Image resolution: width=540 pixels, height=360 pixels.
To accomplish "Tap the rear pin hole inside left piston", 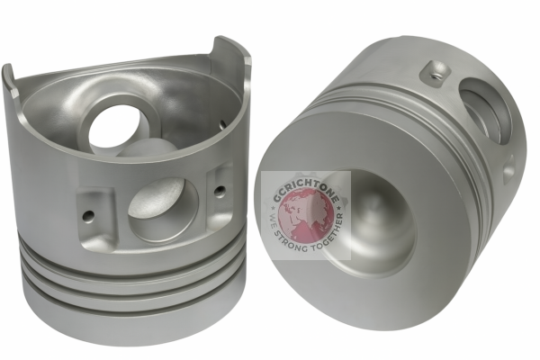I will [x=120, y=127].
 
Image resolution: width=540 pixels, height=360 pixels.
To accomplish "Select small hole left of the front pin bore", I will [x=88, y=215].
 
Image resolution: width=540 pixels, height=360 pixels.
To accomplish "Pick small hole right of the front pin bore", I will [x=220, y=190].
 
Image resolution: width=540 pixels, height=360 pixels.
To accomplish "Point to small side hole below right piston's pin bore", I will [x=508, y=167].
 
